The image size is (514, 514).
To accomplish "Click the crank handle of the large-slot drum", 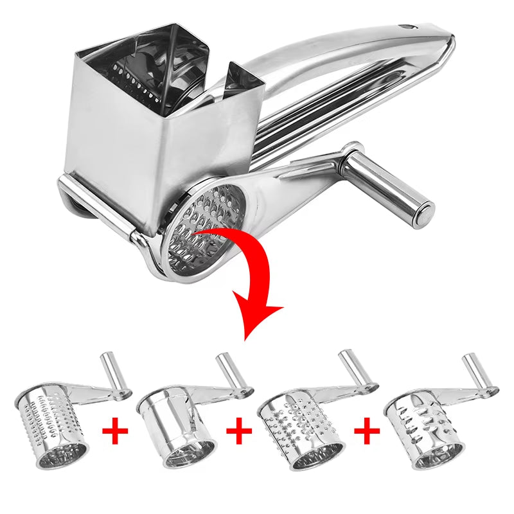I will [475, 373].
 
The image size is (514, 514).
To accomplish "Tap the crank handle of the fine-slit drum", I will [109, 371].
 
